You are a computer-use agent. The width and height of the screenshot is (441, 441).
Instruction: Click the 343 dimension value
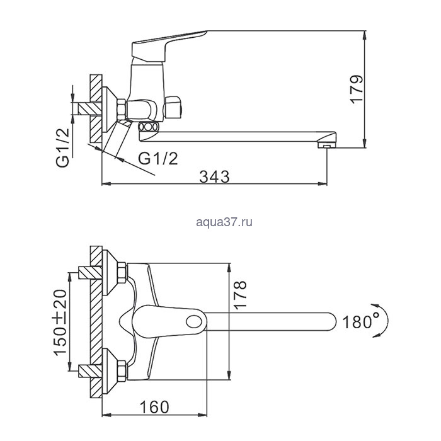point(214,177)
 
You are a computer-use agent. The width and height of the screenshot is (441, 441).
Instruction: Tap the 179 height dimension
point(357,89)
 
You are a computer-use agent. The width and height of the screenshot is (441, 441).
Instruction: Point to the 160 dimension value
point(154,407)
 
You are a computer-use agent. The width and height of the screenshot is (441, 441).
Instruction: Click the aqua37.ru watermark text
point(224,222)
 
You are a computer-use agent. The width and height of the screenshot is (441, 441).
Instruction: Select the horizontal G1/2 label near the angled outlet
point(158,159)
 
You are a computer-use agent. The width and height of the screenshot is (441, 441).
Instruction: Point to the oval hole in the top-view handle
point(194,321)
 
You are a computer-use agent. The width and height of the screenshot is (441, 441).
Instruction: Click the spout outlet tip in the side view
point(326,145)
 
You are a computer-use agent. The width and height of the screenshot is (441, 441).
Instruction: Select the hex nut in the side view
point(121,110)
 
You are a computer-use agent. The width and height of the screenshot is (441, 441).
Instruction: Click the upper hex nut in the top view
point(122,273)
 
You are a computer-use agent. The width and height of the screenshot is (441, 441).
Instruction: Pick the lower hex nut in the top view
point(122,370)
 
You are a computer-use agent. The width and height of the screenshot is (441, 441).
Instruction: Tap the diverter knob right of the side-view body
point(174,108)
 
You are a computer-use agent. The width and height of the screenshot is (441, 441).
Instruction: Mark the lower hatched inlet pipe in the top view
point(91,371)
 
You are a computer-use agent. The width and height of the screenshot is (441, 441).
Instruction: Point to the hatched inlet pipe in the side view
point(90,108)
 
